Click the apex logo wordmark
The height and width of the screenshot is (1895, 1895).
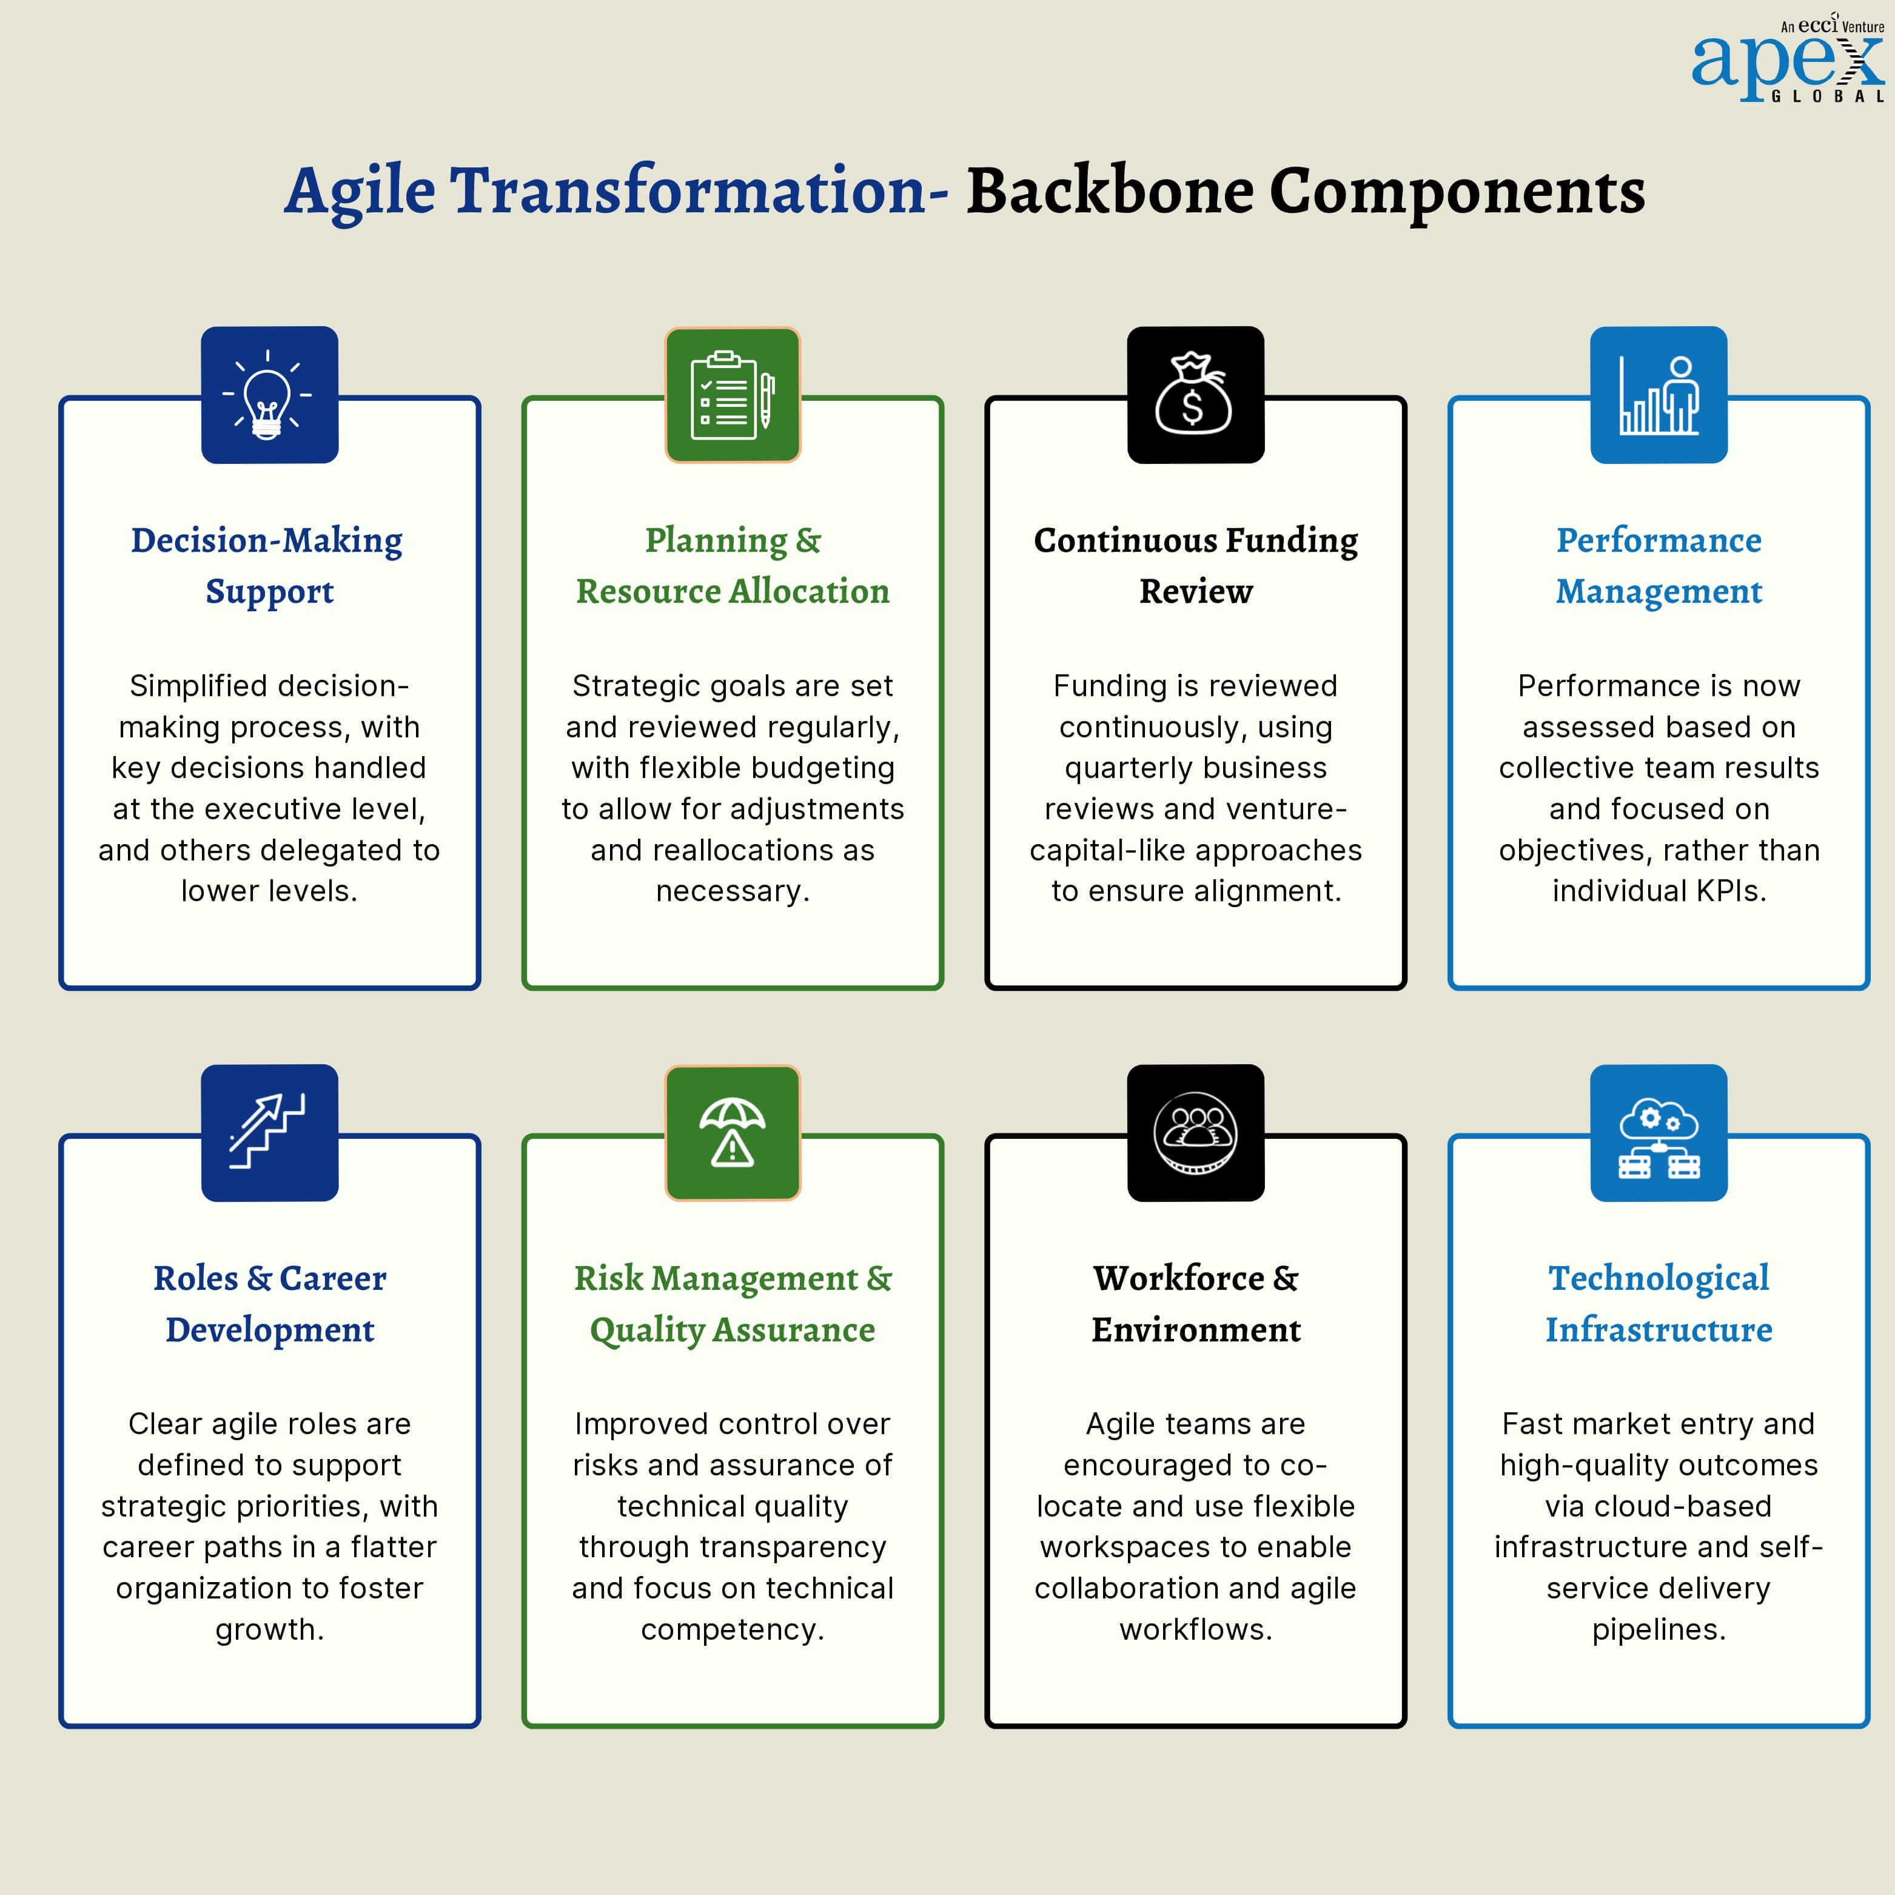pyautogui.click(x=1787, y=64)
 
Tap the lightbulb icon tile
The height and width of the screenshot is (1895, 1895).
pyautogui.click(x=270, y=394)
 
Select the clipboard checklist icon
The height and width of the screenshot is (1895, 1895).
pyautogui.click(x=733, y=394)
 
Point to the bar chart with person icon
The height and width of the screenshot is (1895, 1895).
pyautogui.click(x=1659, y=394)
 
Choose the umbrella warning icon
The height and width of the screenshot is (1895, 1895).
pyautogui.click(x=733, y=1133)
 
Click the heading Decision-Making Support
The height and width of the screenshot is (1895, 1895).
pyautogui.click(x=268, y=566)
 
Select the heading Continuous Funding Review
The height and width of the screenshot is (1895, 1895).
pyautogui.click(x=1196, y=565)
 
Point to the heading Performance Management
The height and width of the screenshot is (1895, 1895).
pyautogui.click(x=1659, y=566)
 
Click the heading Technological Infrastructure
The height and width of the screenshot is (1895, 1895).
pyautogui.click(x=1659, y=1304)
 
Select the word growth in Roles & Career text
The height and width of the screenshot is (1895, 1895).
pyautogui.click(x=270, y=1630)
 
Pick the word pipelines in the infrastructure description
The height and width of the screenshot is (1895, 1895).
pyautogui.click(x=1659, y=1630)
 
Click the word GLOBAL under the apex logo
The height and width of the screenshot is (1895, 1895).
pyautogui.click(x=1827, y=96)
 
